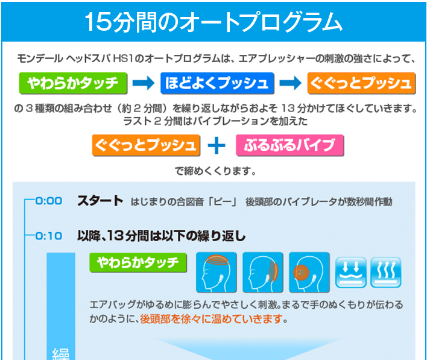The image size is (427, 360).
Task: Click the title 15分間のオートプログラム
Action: (x=213, y=22)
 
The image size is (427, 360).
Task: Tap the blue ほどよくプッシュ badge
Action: (x=217, y=83)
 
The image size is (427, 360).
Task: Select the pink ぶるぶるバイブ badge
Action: (x=289, y=145)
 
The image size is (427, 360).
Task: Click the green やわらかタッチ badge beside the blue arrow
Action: (x=73, y=83)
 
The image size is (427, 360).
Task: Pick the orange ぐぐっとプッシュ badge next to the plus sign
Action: (x=146, y=145)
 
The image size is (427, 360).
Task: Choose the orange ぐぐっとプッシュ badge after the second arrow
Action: (x=361, y=83)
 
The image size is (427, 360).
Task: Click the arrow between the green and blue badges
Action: (x=144, y=83)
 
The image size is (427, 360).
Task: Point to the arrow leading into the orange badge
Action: (x=291, y=83)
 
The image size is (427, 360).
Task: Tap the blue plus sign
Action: (x=217, y=145)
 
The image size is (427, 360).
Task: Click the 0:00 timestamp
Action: (x=49, y=201)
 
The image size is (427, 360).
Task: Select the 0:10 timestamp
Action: (x=49, y=236)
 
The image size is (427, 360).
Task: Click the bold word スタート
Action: (x=100, y=201)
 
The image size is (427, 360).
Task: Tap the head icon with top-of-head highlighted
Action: (x=217, y=272)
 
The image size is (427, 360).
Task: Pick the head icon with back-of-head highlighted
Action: (x=263, y=272)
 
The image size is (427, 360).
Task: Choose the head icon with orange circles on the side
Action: (x=309, y=272)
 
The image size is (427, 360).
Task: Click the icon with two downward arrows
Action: (x=351, y=273)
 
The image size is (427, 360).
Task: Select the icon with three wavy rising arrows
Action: (x=386, y=273)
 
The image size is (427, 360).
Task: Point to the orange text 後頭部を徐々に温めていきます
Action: (x=211, y=319)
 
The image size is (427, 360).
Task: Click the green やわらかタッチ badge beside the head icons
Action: (x=138, y=262)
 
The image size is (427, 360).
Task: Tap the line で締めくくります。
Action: (x=215, y=171)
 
